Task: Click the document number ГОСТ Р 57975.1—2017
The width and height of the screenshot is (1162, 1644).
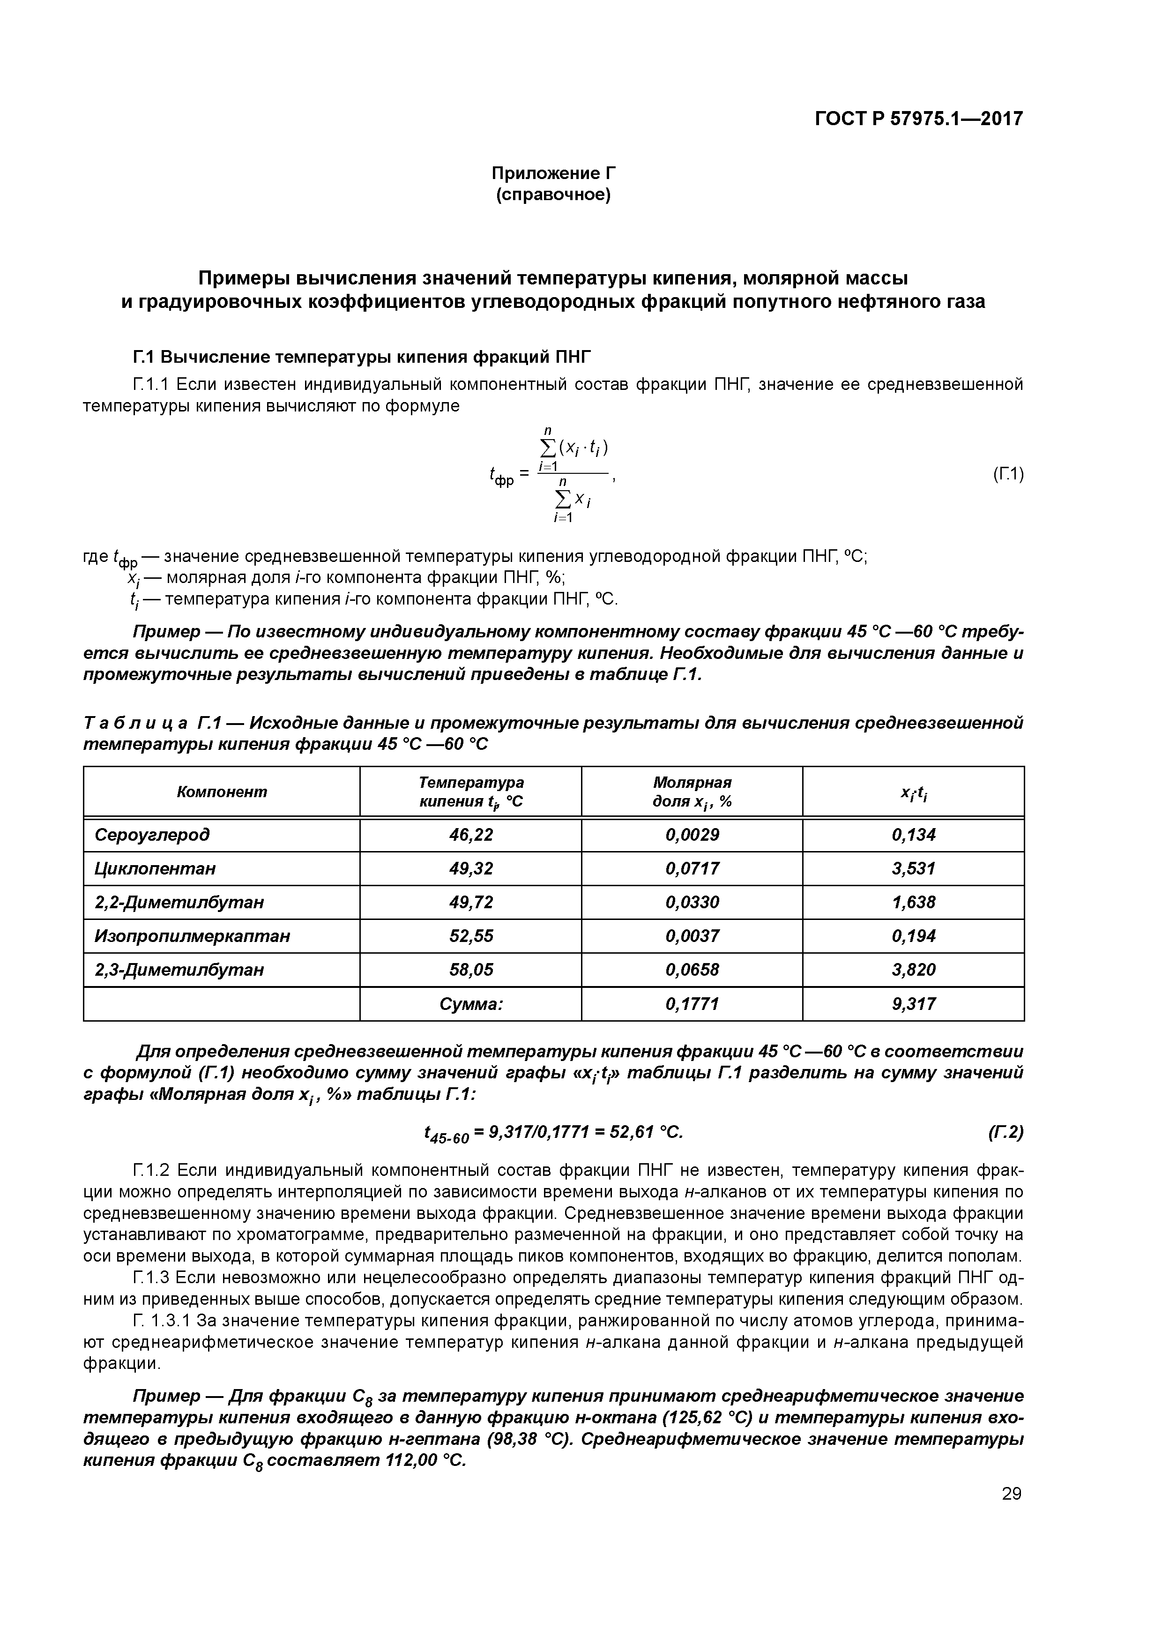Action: [x=918, y=118]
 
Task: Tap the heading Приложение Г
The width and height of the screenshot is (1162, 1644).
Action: [x=553, y=173]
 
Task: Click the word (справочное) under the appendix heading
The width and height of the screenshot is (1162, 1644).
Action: [x=553, y=195]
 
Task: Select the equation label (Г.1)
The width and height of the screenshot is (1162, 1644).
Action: [x=1008, y=473]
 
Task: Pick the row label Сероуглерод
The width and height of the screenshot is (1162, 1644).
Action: [x=152, y=835]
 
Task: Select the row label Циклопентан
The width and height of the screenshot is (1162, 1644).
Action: [x=155, y=868]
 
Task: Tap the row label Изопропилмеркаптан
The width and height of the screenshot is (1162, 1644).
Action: [x=193, y=936]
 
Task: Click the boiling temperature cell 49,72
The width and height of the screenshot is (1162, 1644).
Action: [x=471, y=902]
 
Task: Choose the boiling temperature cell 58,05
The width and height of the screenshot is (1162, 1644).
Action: [x=471, y=970]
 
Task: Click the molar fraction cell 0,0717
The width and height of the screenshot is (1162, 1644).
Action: [x=693, y=868]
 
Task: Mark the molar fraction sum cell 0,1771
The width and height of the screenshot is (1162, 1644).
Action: [x=693, y=1004]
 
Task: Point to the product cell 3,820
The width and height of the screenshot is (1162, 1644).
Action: [x=914, y=970]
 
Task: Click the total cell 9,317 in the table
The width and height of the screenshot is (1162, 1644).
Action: [x=914, y=1004]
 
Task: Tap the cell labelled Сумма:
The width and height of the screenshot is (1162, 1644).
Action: [x=471, y=1004]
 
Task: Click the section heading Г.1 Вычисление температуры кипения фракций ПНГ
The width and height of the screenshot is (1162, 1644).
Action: [x=364, y=357]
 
